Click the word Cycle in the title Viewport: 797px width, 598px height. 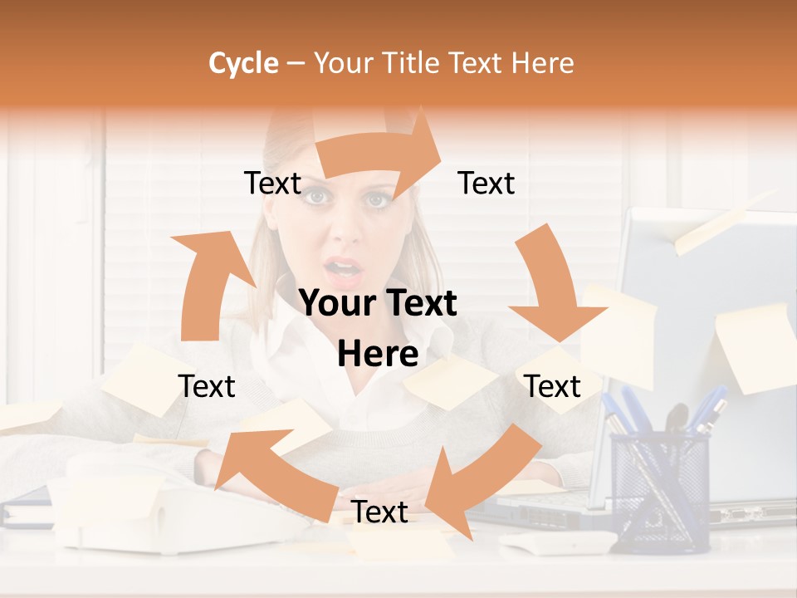pos(243,63)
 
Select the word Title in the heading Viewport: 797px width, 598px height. pos(413,63)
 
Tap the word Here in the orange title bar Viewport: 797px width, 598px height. pos(543,63)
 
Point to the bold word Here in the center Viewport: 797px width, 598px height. pos(378,354)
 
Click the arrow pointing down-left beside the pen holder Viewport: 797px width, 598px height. pos(482,473)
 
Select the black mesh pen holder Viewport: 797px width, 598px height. pos(660,490)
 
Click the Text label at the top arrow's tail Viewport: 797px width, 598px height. pos(272,184)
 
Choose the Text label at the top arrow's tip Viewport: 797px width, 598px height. pos(487,183)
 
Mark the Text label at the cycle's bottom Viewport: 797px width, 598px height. pos(379,512)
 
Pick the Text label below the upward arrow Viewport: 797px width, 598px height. pos(207,386)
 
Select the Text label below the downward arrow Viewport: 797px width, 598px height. pos(552,386)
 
